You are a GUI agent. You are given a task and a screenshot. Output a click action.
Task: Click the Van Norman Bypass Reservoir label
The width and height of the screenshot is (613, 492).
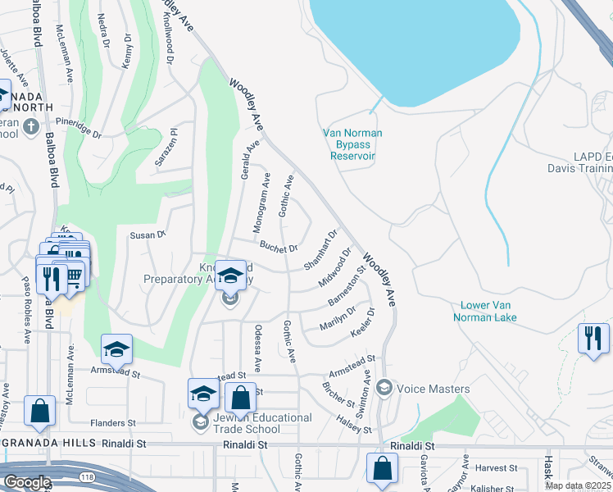coord(353,144)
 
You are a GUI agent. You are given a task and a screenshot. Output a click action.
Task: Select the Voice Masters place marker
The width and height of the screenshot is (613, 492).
coord(384,389)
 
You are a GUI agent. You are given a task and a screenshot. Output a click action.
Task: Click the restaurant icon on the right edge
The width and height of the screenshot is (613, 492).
coord(593,338)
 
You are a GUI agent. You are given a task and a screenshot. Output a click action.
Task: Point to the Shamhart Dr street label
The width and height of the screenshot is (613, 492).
coord(320,251)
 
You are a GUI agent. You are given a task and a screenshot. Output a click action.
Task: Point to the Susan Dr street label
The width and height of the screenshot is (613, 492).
coord(148,235)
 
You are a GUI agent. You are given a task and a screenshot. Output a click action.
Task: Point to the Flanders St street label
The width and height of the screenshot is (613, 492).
coord(113,423)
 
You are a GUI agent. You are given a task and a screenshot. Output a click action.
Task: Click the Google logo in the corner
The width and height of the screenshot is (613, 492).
coord(26,482)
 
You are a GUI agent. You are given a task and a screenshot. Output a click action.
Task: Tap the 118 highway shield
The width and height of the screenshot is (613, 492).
coord(87,476)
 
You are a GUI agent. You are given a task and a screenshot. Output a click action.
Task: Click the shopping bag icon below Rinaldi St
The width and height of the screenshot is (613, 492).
coord(382,469)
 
